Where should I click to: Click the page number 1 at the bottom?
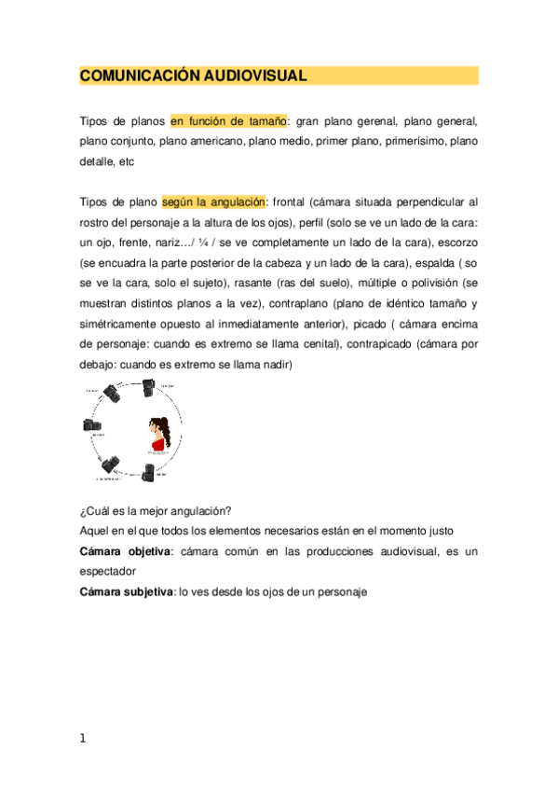click(x=83, y=739)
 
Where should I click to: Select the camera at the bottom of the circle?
click(x=150, y=471)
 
